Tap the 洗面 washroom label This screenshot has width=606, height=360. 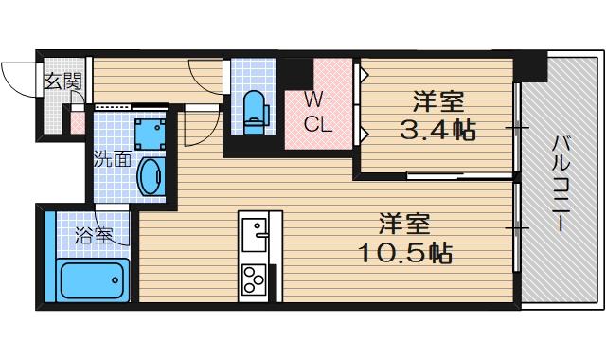coord(112,159)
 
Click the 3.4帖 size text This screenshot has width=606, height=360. coord(437,130)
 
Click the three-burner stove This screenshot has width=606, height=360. coord(255,279)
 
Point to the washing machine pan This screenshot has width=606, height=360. coord(147,134)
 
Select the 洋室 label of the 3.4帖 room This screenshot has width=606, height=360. coord(437,99)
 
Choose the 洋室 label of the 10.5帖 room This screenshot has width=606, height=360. coord(405,224)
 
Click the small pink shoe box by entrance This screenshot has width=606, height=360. coord(77,120)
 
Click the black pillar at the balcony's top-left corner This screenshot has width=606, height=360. coord(532,66)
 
